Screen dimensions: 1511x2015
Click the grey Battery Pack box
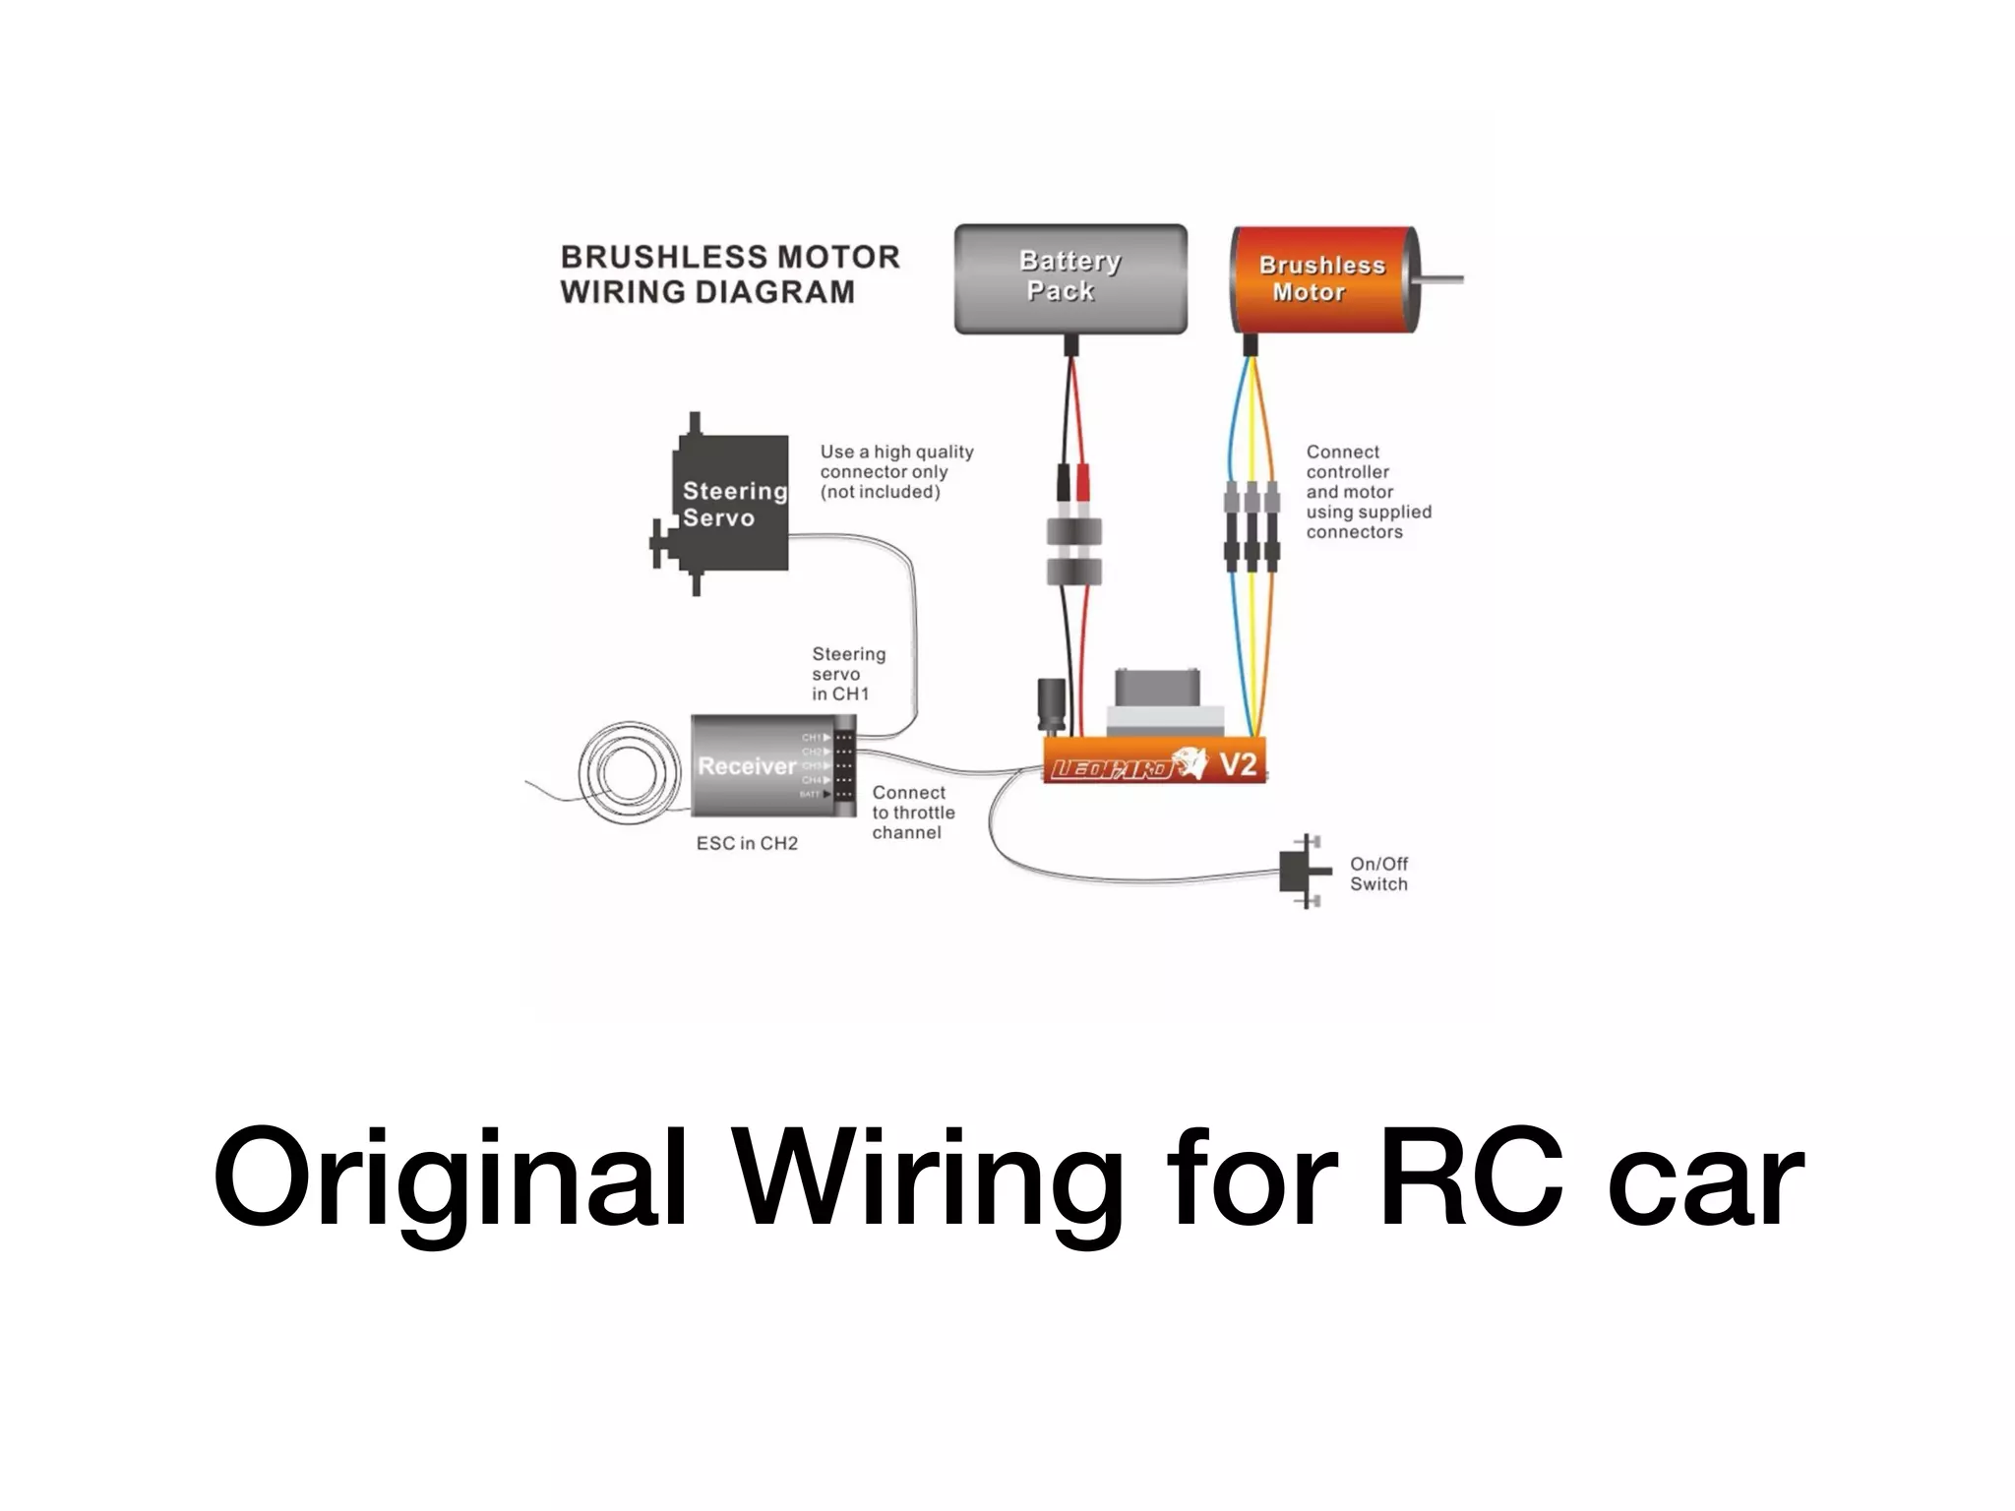click(x=1070, y=278)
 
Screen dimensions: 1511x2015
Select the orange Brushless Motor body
click(x=1318, y=278)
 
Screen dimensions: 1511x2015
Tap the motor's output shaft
click(x=1441, y=280)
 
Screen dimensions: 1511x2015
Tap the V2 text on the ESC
click(x=1238, y=763)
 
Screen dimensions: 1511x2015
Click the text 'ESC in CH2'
click(x=747, y=843)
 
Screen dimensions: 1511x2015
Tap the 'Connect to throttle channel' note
click(x=912, y=813)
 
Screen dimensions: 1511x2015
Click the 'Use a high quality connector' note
click(x=895, y=471)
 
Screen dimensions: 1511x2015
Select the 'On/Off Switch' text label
click(x=1378, y=874)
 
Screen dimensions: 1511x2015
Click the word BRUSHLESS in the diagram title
click(x=662, y=258)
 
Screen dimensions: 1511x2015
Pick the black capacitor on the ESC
click(x=1051, y=703)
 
